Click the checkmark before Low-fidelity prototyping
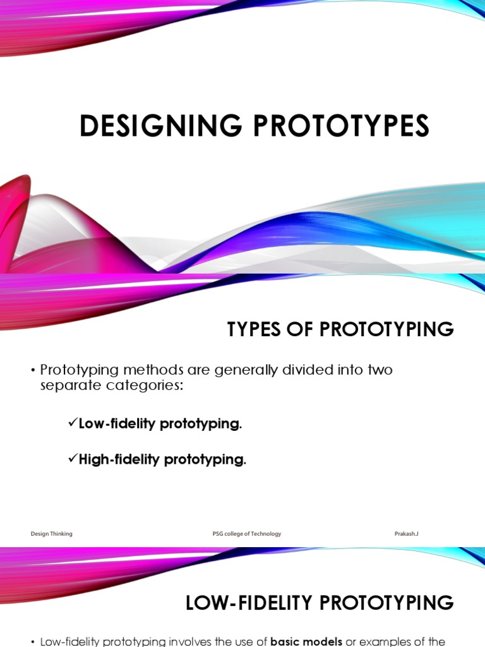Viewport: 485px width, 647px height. pyautogui.click(x=73, y=423)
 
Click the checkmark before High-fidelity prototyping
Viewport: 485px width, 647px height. pyautogui.click(x=73, y=459)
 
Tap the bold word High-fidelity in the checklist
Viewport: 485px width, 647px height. pyautogui.click(x=119, y=460)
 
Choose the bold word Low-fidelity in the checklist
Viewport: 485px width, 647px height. pyautogui.click(x=117, y=424)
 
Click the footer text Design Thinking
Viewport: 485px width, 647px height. pyautogui.click(x=52, y=534)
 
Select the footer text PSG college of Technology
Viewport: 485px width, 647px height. pyautogui.click(x=247, y=534)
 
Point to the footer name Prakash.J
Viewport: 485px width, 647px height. pyautogui.click(x=406, y=534)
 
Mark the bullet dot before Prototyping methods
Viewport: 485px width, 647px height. pyautogui.click(x=33, y=370)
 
